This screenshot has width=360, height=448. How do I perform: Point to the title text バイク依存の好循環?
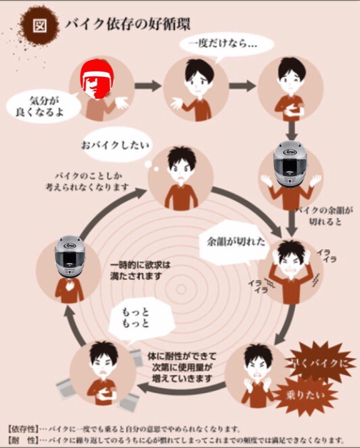(x=128, y=24)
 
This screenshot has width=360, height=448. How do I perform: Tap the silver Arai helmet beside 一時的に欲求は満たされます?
(x=70, y=258)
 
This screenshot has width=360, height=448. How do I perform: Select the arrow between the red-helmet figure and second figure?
(x=147, y=86)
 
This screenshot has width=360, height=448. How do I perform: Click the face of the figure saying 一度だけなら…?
(x=194, y=82)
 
